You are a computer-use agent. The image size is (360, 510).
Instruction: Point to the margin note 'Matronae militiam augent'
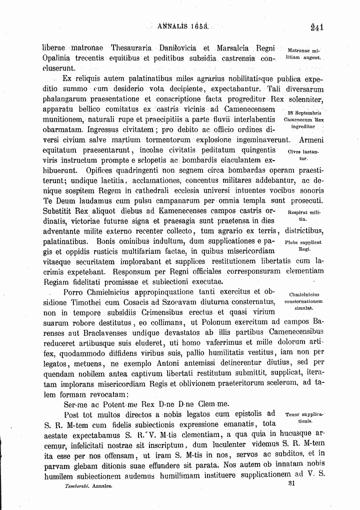[304, 55]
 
